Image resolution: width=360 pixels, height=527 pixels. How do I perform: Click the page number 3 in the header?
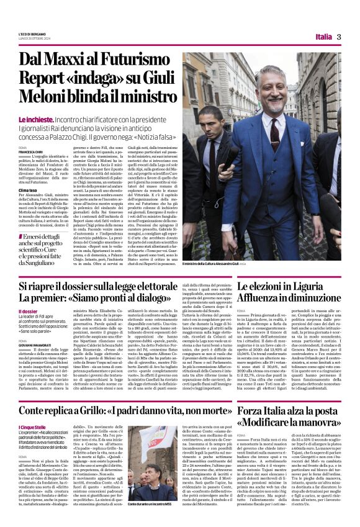(x=340, y=37)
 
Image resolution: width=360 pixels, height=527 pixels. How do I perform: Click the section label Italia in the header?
(x=323, y=37)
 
